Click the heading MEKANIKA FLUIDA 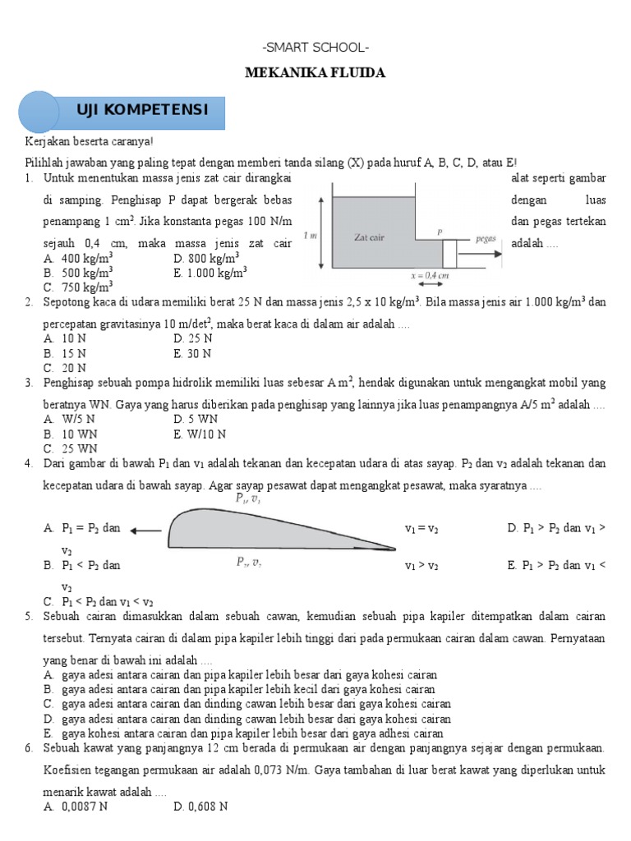coord(315,73)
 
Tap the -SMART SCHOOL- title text coord(315,48)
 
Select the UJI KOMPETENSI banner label coord(154,110)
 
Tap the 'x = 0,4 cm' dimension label coord(431,276)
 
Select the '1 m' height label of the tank coord(311,236)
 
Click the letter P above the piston coord(440,232)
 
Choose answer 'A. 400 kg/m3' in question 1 coord(78,259)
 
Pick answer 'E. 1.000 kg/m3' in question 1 coord(210,273)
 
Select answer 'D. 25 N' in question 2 coord(193,338)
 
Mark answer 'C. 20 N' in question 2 coord(66,367)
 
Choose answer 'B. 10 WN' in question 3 coord(71,434)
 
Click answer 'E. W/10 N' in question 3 coord(200,434)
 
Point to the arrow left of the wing coord(146,530)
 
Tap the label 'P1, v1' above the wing coord(249,499)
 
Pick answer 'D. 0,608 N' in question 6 coord(200,807)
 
